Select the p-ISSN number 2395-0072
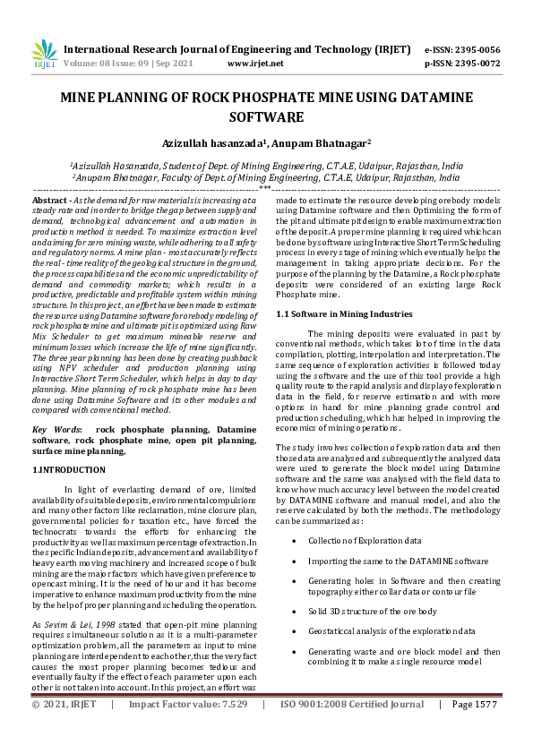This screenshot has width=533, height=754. click(477, 64)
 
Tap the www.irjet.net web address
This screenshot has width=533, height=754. click(255, 64)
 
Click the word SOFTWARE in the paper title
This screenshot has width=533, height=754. click(266, 116)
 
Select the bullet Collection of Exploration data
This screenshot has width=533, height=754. click(364, 542)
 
